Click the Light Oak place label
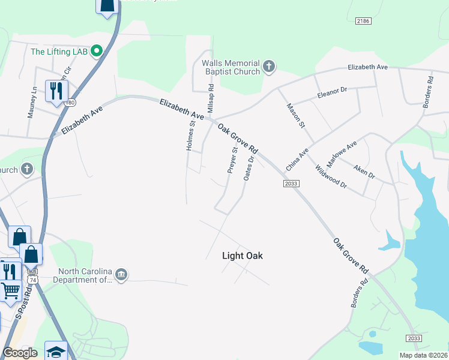tap(243, 256)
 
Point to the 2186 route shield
tap(363, 21)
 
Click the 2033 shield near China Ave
tap(291, 184)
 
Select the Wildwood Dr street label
tap(331, 176)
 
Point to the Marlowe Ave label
tap(342, 155)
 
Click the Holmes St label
tap(191, 136)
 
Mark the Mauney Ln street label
tap(32, 103)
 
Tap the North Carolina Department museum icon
tap(121, 275)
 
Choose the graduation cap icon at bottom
tap(56, 351)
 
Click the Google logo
tap(20, 353)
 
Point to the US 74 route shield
tap(32, 280)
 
